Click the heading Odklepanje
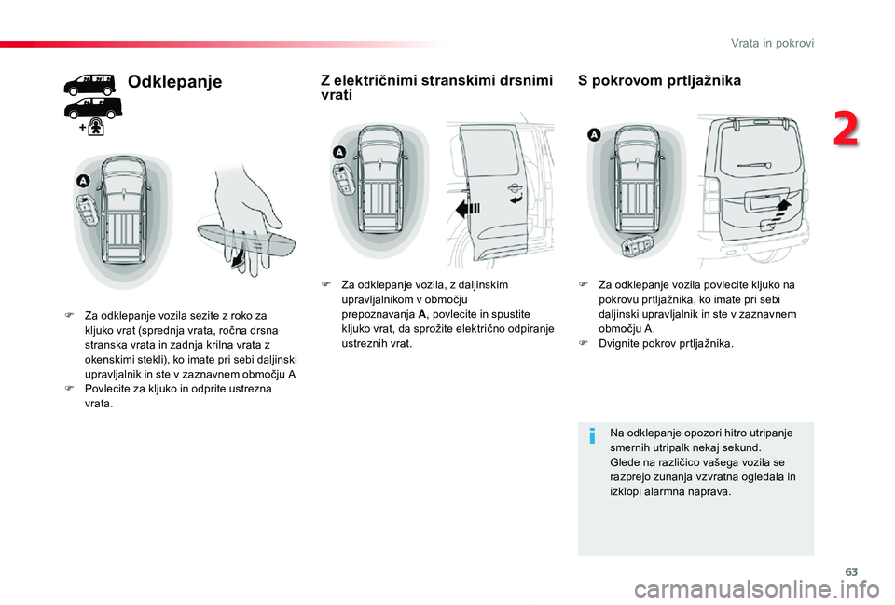pyautogui.click(x=174, y=82)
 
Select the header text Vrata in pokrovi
pyautogui.click(x=772, y=43)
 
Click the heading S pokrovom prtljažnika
pyautogui.click(x=659, y=81)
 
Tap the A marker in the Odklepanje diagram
pyautogui.click(x=83, y=179)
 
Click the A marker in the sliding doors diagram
pyautogui.click(x=339, y=151)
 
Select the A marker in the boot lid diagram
pyautogui.click(x=594, y=135)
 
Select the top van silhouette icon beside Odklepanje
pyautogui.click(x=89, y=85)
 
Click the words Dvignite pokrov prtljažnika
pyautogui.click(x=666, y=343)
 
